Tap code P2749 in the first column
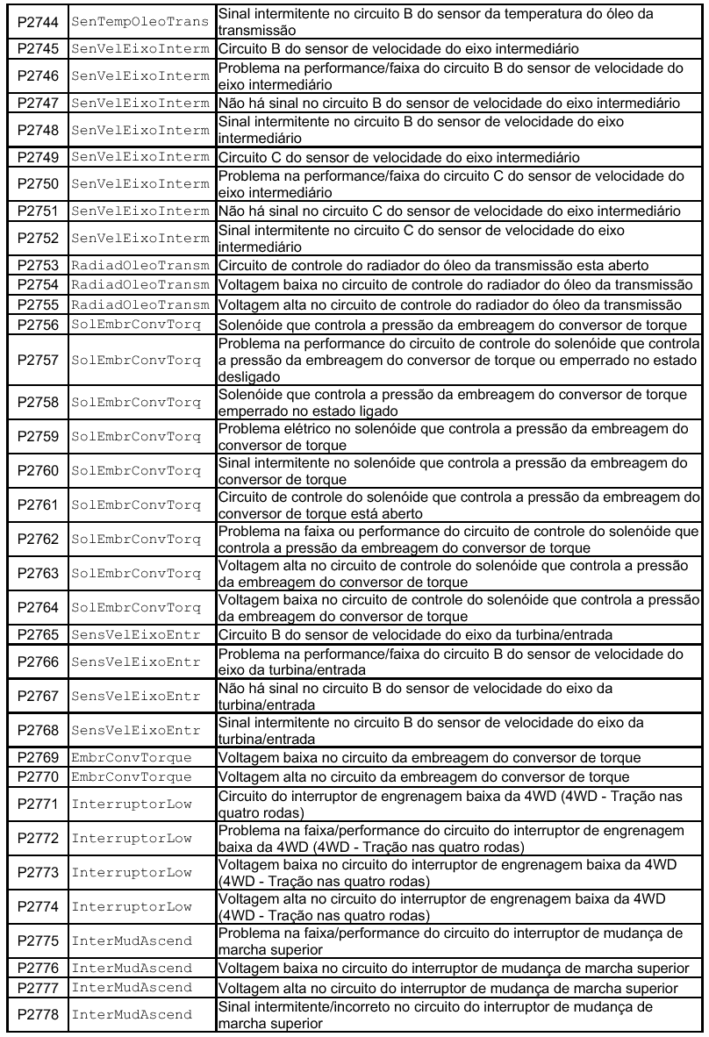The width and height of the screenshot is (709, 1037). coord(38,157)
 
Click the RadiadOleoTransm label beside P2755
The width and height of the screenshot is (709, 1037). coord(140,304)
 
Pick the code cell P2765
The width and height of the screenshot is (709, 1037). coord(38,634)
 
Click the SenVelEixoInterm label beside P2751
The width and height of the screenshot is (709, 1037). coord(140,211)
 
